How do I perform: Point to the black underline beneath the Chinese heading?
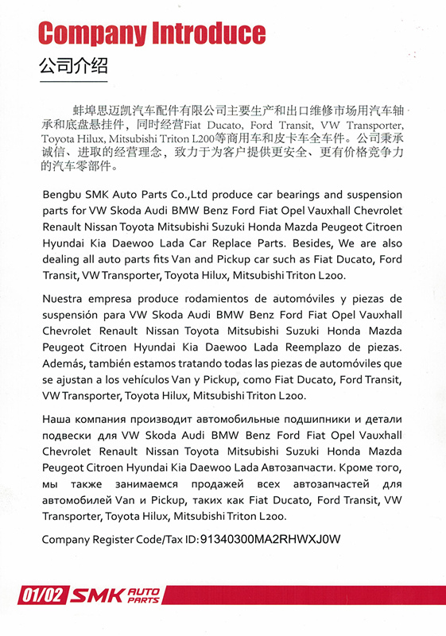pos(73,81)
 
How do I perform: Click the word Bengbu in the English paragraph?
pos(62,195)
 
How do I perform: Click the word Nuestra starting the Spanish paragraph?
pos(63,299)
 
